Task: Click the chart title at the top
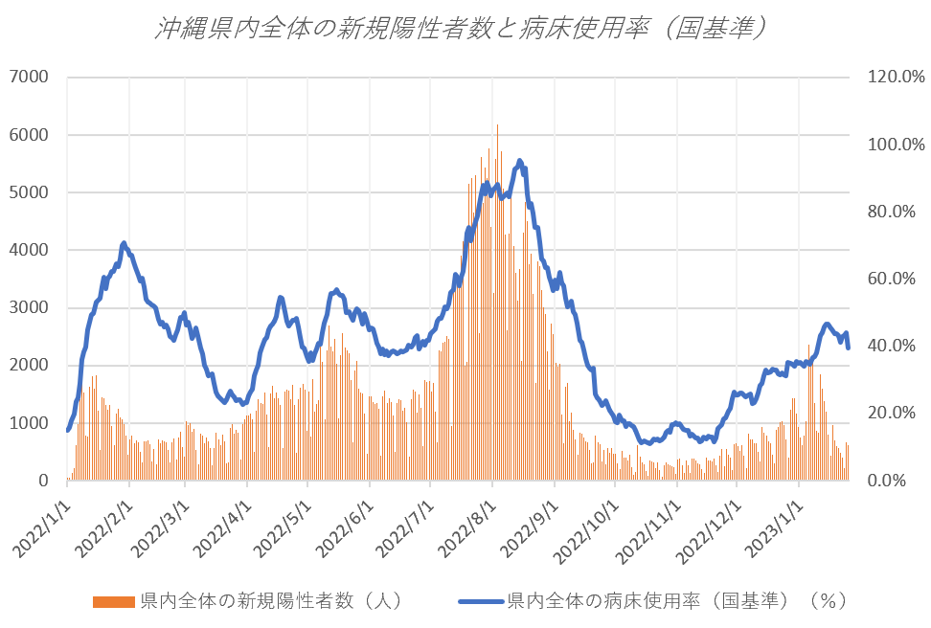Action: [x=464, y=29]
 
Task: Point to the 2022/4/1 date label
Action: [x=223, y=523]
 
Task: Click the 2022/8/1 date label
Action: [x=467, y=523]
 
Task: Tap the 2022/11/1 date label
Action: [x=651, y=523]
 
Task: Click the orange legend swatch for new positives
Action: [x=113, y=601]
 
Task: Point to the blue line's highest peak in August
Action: [x=519, y=161]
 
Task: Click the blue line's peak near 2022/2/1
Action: [x=124, y=243]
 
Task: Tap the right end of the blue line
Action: [x=849, y=348]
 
